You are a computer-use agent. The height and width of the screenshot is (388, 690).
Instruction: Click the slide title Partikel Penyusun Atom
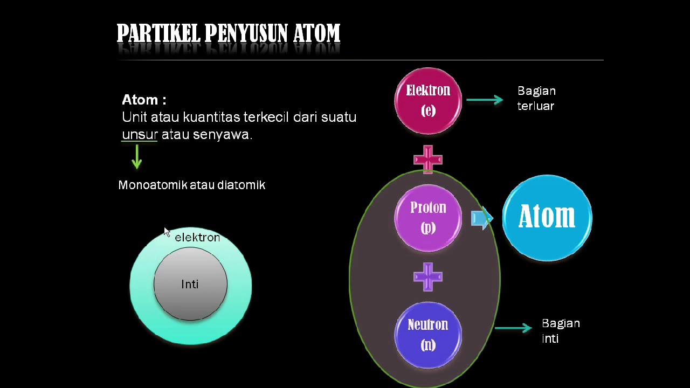228,34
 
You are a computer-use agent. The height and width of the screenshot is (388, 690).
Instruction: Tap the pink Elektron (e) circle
428,100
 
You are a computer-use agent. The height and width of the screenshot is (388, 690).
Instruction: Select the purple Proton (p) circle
428,218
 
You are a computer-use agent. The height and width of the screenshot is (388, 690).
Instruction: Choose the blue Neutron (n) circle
428,335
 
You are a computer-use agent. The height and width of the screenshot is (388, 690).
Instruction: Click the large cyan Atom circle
547,218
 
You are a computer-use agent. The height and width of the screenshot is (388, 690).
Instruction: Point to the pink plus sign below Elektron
428,160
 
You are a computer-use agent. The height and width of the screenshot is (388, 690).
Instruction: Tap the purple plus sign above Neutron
428,276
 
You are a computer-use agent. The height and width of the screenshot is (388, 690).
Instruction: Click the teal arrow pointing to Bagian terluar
484,100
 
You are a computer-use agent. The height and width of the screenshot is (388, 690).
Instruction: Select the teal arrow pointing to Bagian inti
513,328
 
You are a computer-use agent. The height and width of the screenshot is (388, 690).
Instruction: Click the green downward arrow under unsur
137,157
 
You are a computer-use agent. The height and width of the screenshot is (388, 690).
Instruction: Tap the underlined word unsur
140,134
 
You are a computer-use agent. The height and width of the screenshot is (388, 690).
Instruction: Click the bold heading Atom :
144,100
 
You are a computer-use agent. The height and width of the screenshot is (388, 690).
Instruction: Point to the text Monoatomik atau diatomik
191,185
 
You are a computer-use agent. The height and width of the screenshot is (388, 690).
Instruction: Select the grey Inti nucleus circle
190,284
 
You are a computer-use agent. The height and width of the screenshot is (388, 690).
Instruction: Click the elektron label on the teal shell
197,238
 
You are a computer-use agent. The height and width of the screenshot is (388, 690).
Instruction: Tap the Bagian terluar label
536,98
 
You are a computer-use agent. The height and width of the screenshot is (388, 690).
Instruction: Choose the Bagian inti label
561,330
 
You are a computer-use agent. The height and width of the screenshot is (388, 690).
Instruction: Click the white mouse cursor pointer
167,232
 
